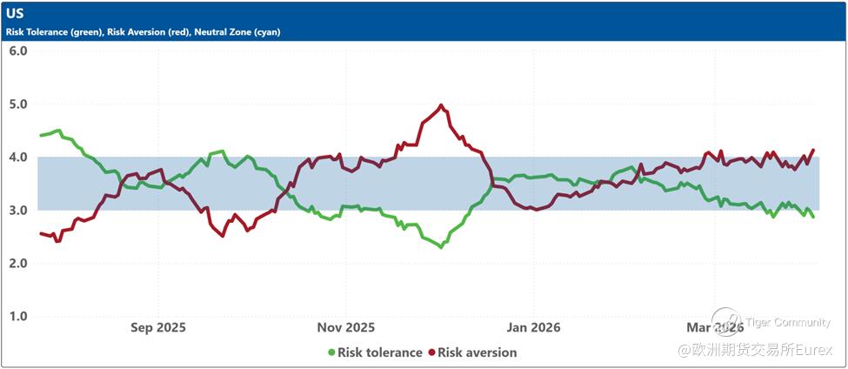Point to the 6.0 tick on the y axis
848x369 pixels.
(18, 50)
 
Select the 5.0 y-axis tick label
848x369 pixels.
(18, 104)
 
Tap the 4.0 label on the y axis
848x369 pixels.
(18, 158)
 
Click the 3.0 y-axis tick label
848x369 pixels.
(18, 211)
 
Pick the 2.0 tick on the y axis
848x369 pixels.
(18, 264)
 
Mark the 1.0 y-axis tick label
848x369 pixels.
(18, 317)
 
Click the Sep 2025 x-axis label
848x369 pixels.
(158, 328)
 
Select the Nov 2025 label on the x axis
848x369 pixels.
(345, 328)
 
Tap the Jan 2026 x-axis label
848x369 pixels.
(533, 328)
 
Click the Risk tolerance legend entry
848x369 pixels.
(379, 352)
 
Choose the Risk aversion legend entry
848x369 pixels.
(477, 352)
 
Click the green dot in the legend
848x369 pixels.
(331, 352)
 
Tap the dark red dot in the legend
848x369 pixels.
(431, 352)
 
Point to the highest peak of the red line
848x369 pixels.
(441, 105)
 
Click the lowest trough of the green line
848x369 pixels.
(441, 247)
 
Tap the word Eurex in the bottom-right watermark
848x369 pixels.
(814, 350)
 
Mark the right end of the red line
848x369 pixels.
(813, 150)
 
